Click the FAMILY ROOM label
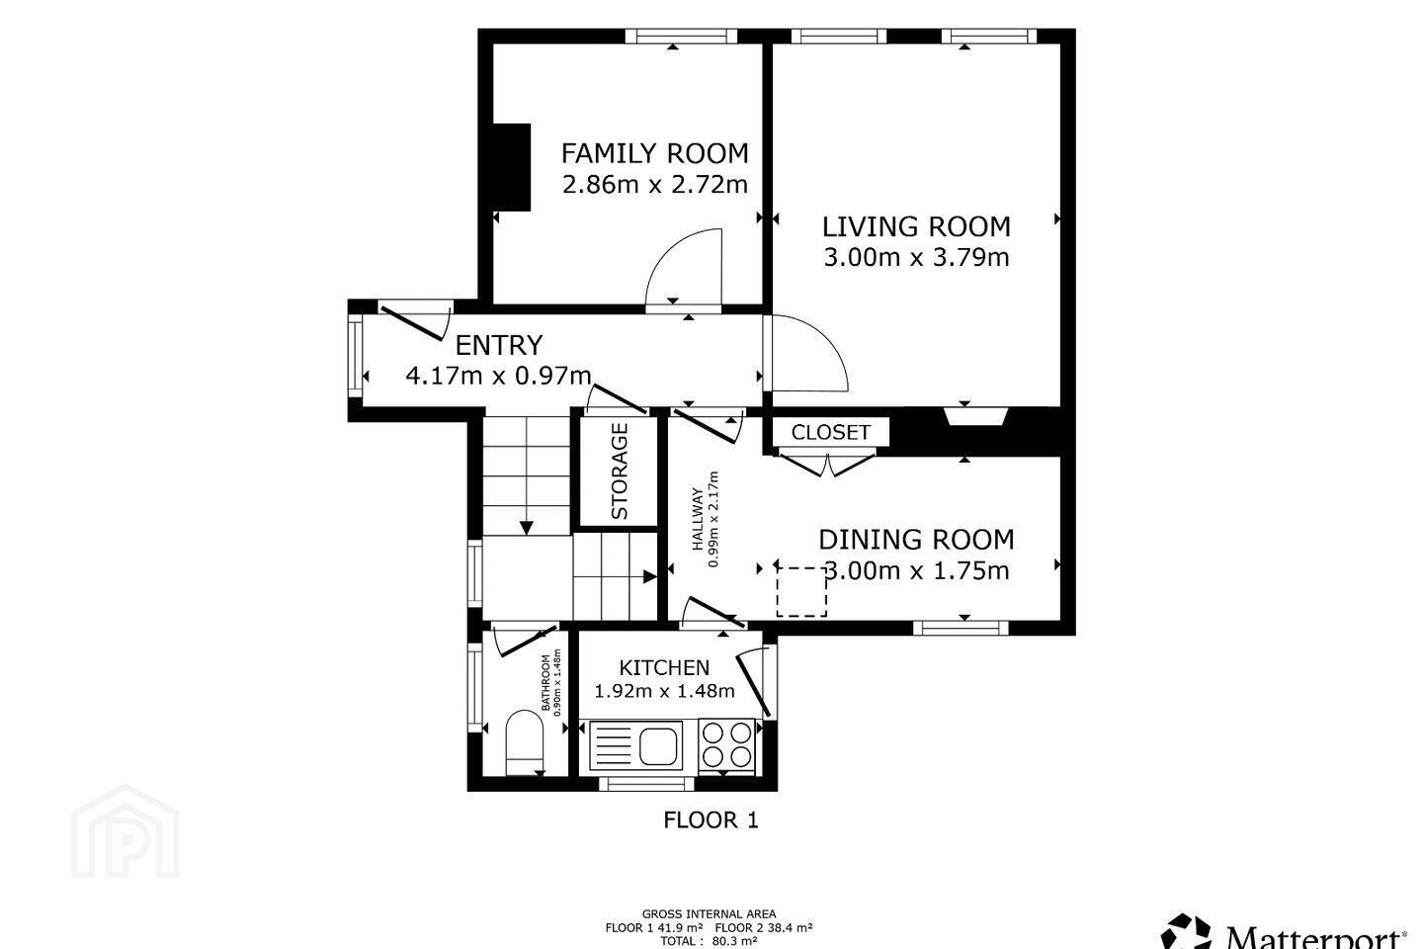(x=655, y=154)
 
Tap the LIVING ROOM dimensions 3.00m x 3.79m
(x=916, y=257)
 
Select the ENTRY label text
(x=499, y=345)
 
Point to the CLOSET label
(x=830, y=432)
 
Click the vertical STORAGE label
(x=620, y=471)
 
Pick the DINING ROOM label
(x=916, y=540)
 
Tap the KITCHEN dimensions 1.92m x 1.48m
(x=664, y=690)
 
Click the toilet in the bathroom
(x=524, y=741)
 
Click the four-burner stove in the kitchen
(x=726, y=745)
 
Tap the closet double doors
(x=828, y=464)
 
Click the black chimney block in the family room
(x=512, y=167)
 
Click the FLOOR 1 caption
(x=711, y=820)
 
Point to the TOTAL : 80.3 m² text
(x=709, y=941)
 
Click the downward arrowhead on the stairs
(x=527, y=528)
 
